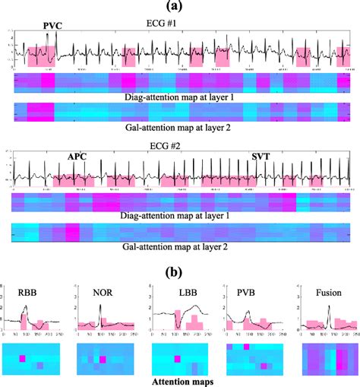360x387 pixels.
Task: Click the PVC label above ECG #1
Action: click(x=52, y=26)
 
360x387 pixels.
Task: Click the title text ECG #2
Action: click(x=180, y=145)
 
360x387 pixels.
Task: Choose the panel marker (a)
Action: click(x=180, y=7)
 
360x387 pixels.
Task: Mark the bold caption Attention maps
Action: click(x=179, y=379)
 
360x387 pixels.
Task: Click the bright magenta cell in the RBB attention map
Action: click(x=23, y=357)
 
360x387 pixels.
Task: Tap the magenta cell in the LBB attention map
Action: click(x=177, y=357)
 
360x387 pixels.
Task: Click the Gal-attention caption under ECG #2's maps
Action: click(x=180, y=249)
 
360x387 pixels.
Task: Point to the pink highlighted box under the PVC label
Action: click(x=42, y=56)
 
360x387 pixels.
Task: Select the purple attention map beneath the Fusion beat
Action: click(x=324, y=357)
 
